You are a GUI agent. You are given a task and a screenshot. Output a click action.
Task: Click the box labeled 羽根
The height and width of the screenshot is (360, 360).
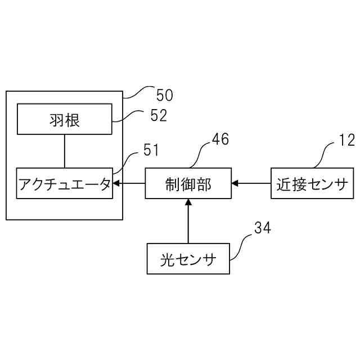(64, 119)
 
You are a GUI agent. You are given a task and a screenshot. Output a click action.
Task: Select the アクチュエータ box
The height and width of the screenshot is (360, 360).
(64, 183)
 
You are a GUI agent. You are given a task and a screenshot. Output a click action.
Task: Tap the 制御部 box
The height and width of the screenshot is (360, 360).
(188, 183)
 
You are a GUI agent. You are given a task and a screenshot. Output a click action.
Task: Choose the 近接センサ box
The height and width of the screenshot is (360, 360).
(312, 183)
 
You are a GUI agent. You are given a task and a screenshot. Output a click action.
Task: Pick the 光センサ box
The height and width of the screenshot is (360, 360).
(188, 259)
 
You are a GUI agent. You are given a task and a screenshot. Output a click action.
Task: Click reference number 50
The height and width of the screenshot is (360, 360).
(164, 94)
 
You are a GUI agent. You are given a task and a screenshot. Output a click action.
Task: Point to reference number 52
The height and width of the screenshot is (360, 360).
(159, 115)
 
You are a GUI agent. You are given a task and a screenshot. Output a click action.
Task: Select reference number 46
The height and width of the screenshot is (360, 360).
(220, 139)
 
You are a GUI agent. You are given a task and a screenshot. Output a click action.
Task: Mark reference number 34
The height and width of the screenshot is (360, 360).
(262, 228)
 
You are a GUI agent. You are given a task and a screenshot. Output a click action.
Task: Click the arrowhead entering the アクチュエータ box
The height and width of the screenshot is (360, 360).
(116, 183)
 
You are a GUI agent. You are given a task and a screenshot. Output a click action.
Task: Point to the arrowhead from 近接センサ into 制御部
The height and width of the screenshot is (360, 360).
(235, 183)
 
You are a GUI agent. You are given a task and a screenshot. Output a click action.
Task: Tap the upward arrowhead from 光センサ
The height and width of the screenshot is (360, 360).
(188, 202)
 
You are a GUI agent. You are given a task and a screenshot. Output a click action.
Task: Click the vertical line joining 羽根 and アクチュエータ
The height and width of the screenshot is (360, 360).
(65, 151)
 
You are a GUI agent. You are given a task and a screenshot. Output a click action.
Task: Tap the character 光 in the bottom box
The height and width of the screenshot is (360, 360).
(166, 259)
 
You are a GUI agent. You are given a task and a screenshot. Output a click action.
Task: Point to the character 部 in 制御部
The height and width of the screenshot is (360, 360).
(204, 183)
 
